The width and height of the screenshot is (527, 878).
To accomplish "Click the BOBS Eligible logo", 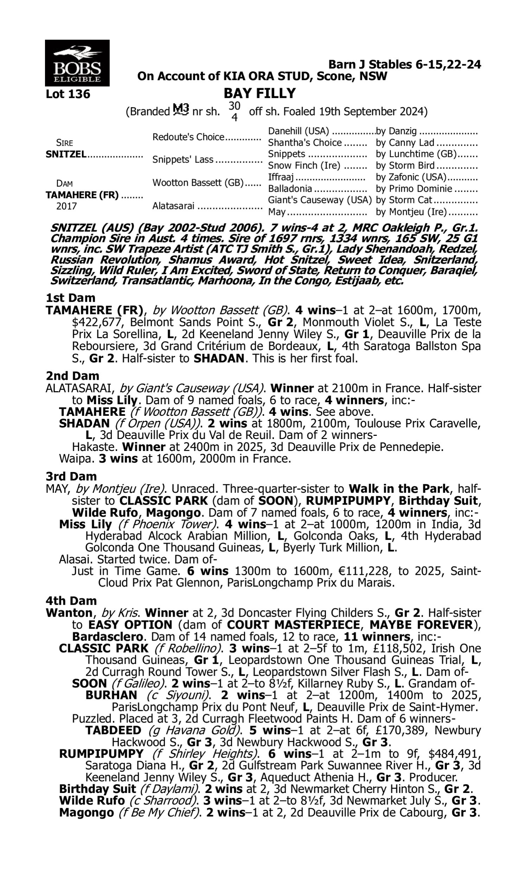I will (77, 63).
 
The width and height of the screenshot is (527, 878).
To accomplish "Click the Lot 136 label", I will (68, 94).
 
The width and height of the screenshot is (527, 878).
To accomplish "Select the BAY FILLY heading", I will (260, 93).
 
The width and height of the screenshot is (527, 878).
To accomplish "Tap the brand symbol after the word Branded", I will (181, 110).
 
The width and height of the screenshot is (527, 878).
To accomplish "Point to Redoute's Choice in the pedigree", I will (188, 137).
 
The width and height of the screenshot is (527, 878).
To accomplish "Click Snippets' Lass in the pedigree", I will (183, 160).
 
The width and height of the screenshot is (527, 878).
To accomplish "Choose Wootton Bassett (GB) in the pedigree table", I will (198, 183).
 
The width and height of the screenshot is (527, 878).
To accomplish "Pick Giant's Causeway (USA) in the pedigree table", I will (320, 200).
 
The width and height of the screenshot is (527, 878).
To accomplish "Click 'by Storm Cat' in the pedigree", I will (404, 200).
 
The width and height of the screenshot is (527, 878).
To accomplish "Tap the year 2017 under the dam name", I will (66, 207).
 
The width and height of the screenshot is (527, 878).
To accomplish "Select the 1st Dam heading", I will (70, 298).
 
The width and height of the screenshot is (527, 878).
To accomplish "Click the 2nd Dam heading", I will (72, 376).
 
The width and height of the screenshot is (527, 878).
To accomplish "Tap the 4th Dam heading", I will (71, 601).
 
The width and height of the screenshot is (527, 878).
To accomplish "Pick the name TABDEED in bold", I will (113, 730).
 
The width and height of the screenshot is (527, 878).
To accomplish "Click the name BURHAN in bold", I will (111, 695).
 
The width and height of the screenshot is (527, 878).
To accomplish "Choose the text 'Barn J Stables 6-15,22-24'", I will (404, 65).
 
